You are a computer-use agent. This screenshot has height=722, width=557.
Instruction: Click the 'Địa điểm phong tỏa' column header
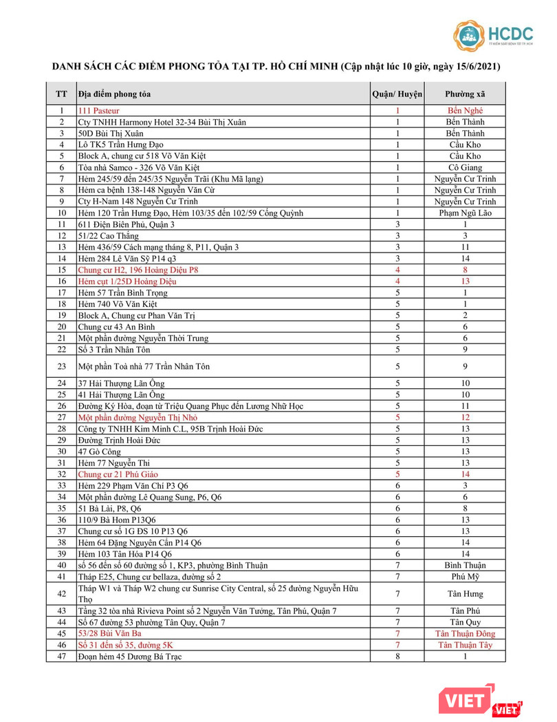pos(114,94)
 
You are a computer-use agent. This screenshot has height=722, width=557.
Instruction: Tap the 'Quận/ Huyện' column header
pos(397,94)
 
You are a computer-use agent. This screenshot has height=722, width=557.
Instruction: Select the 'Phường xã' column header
pos(465,94)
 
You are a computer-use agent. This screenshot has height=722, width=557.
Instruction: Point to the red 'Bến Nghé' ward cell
pos(465,111)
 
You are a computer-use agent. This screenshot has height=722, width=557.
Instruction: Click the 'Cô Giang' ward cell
pos(465,167)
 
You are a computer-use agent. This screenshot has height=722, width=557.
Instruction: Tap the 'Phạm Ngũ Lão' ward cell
pos(465,213)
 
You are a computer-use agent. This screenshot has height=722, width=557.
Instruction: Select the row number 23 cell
pos(61,367)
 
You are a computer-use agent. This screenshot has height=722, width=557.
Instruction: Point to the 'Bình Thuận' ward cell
pos(465,565)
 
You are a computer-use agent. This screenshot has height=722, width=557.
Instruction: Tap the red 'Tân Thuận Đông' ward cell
pos(465,633)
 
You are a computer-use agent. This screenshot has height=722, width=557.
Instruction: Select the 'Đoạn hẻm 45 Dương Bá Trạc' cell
pos(130,656)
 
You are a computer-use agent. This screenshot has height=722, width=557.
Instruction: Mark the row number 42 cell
pos(61,594)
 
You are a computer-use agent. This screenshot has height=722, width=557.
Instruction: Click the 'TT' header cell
pos(61,94)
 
